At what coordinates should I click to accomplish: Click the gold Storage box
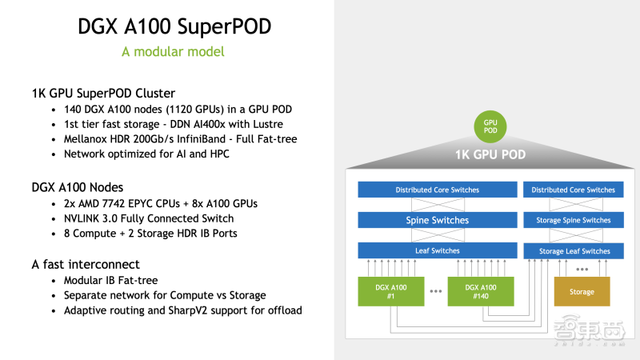pyautogui.click(x=582, y=291)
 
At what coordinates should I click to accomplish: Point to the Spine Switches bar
pyautogui.click(x=437, y=220)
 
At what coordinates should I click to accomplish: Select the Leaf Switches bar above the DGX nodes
pyautogui.click(x=437, y=250)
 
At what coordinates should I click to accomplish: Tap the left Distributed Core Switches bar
pyautogui.click(x=437, y=190)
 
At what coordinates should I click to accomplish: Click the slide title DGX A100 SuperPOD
pyautogui.click(x=174, y=26)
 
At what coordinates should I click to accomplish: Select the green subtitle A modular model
pyautogui.click(x=173, y=52)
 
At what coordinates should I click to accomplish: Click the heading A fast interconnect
pyautogui.click(x=86, y=264)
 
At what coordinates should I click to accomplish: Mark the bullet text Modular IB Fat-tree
pyautogui.click(x=115, y=281)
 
